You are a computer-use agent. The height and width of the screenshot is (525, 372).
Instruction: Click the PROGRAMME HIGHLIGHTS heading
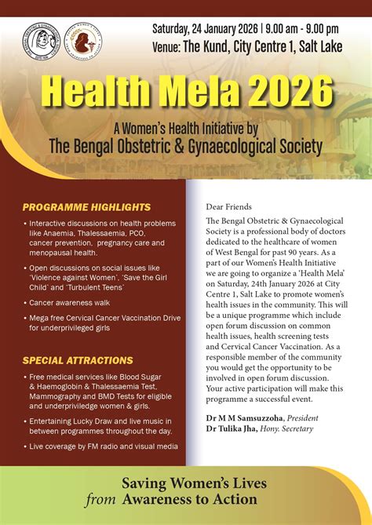[86, 207]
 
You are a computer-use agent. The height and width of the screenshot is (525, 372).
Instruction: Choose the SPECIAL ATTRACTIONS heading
[78, 360]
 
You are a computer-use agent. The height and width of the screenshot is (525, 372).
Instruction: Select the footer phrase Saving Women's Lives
[195, 483]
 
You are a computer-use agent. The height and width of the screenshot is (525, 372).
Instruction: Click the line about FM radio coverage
[104, 446]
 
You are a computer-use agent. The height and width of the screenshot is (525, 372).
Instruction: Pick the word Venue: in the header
[167, 46]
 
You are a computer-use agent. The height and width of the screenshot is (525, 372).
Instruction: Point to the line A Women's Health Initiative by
[185, 127]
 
